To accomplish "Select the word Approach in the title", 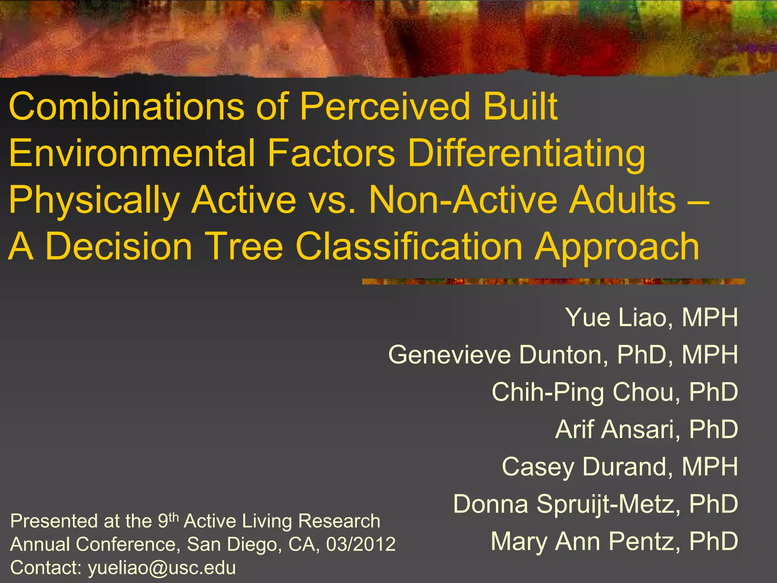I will click(x=617, y=247).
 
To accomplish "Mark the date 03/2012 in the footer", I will click(x=361, y=544).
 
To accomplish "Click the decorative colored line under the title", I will click(x=553, y=282).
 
